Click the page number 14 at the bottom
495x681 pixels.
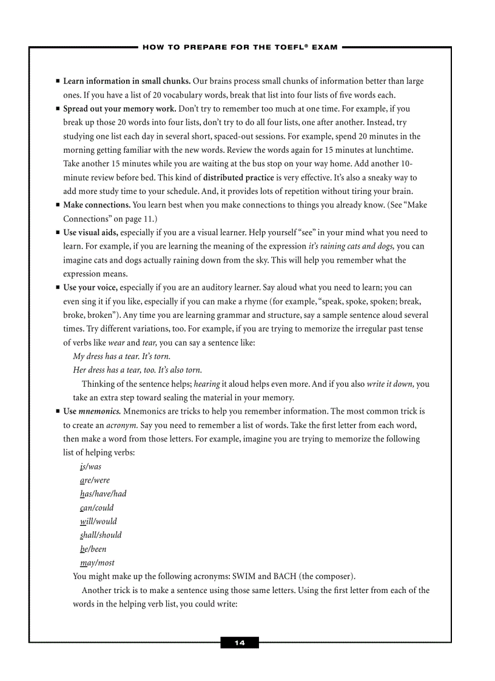(x=240, y=643)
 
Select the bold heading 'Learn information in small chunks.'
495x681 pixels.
(x=127, y=81)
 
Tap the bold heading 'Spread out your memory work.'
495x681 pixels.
(x=120, y=109)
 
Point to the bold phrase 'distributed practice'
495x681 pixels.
(x=238, y=178)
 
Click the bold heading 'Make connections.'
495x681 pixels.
(x=96, y=205)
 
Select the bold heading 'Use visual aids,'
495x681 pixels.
(x=90, y=232)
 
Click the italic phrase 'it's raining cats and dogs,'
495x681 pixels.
(x=351, y=246)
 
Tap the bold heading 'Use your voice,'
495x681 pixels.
(x=90, y=287)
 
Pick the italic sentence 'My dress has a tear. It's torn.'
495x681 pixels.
(x=121, y=357)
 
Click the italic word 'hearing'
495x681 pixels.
(x=207, y=384)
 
